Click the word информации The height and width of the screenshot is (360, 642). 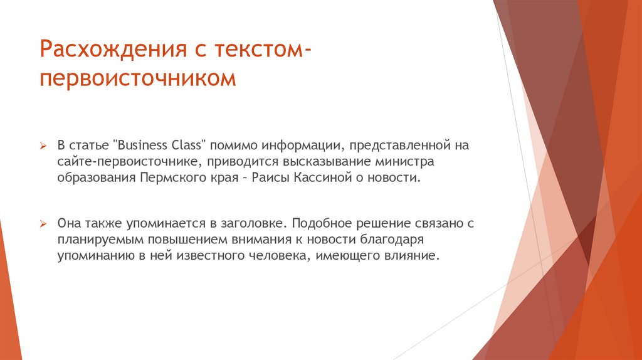pos(300,146)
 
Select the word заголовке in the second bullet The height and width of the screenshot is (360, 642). pos(253,223)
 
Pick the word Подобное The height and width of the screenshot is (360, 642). pos(320,223)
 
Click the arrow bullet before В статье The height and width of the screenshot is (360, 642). pos(45,146)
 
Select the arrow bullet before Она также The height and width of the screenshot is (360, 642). pos(45,224)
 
